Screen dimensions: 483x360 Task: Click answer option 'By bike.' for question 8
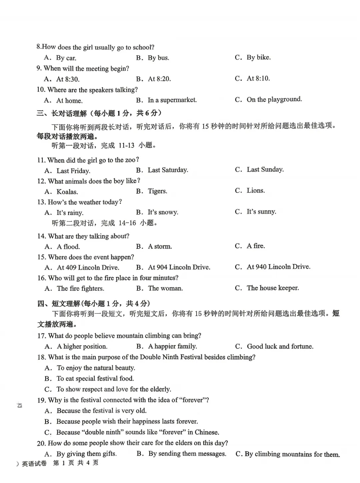258,57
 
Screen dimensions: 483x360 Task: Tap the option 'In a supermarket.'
172,100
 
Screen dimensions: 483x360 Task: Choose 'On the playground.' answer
274,99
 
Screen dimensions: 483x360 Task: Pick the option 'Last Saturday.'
168,170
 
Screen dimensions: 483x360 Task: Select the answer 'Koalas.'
67,192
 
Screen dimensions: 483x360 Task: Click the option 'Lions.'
256,190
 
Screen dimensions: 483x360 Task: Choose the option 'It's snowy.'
163,212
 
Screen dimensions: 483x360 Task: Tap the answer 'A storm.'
160,247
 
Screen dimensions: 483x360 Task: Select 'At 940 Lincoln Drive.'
278,267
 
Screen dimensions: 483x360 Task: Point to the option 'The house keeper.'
273,288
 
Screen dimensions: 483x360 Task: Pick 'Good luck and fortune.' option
280,346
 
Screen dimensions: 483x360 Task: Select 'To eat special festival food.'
95,379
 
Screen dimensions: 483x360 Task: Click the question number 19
41,400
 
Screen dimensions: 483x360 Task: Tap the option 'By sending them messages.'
187,454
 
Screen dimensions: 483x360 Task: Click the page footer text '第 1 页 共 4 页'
76,463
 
